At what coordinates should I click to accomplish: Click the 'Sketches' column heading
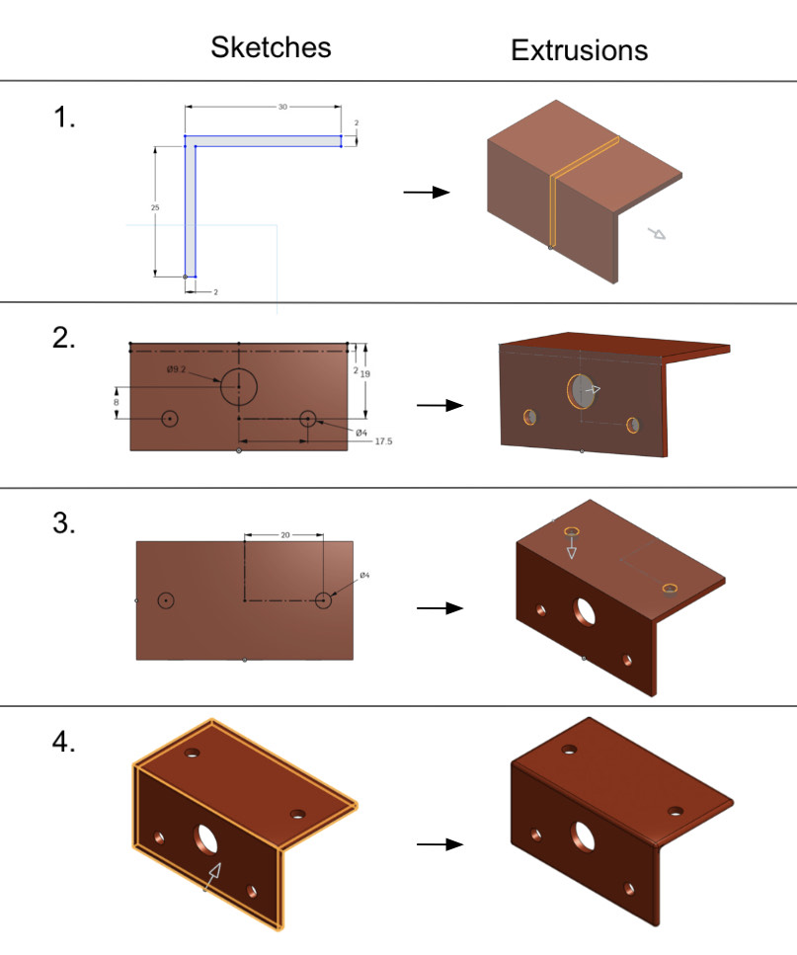[x=271, y=47]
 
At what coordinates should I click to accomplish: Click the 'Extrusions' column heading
[x=579, y=50]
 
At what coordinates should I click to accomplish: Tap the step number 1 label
[x=64, y=119]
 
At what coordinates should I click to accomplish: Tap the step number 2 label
[x=65, y=339]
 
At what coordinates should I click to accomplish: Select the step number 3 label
[x=65, y=523]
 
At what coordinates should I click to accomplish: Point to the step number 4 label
[x=65, y=743]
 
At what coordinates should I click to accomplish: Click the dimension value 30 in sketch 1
[x=282, y=106]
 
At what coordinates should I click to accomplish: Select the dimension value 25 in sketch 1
[x=155, y=208]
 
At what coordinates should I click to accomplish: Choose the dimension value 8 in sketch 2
[x=117, y=403]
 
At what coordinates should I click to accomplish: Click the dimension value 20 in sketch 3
[x=284, y=534]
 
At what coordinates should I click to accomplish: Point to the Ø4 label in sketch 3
[x=363, y=575]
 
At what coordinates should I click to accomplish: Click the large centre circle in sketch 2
[x=238, y=387]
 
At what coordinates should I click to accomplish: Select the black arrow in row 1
[x=427, y=192]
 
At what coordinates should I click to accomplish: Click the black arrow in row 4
[x=439, y=844]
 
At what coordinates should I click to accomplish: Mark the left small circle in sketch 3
[x=166, y=599]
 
